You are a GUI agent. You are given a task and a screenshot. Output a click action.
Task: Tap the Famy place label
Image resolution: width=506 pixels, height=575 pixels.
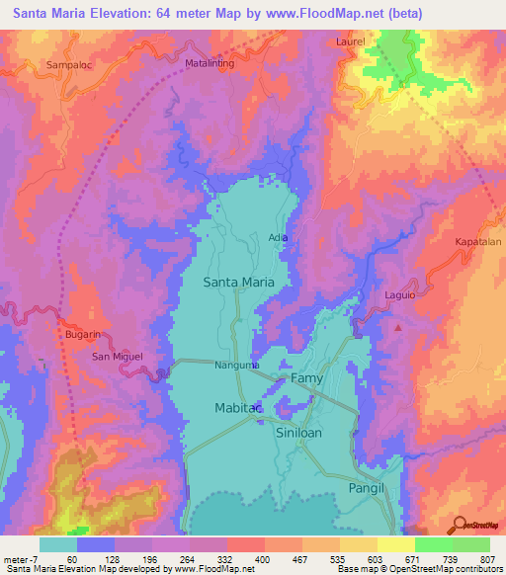[306, 378]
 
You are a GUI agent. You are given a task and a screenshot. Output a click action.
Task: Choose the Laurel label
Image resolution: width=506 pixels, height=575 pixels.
[378, 43]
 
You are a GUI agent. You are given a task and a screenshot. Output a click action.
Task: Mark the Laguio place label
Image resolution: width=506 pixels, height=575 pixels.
[401, 295]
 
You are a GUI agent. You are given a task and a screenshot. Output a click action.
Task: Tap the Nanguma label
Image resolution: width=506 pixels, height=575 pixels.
[237, 365]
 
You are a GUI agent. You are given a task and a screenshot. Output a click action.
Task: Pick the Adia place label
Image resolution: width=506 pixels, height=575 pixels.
[280, 237]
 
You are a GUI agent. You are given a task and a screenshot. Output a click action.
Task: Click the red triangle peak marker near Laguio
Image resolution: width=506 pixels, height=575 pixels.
[398, 327]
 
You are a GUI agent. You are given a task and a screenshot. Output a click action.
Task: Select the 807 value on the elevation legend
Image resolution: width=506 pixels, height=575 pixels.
[489, 560]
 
